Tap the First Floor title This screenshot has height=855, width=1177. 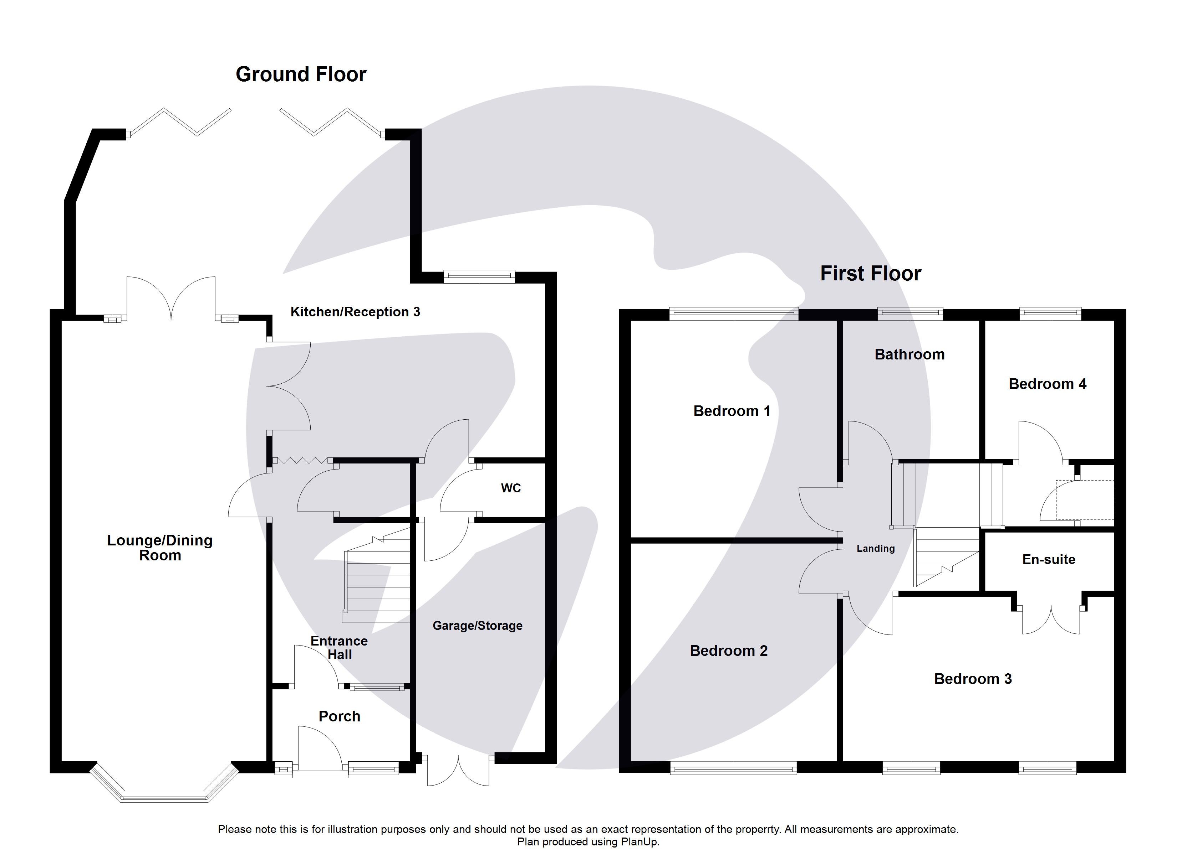pyautogui.click(x=870, y=274)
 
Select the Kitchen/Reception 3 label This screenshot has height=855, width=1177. pyautogui.click(x=355, y=312)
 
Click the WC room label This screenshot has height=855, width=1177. pyautogui.click(x=511, y=488)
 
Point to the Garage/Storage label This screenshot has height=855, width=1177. pyautogui.click(x=478, y=626)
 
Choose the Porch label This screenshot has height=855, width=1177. pyautogui.click(x=340, y=716)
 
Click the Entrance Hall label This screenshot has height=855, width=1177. pyautogui.click(x=340, y=648)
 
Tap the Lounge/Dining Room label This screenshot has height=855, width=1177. pyautogui.click(x=160, y=548)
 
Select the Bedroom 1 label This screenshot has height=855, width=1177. pyautogui.click(x=732, y=411)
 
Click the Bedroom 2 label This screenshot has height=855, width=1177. pyautogui.click(x=729, y=651)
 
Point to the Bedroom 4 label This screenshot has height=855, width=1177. pyautogui.click(x=1047, y=384)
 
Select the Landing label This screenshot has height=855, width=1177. pyautogui.click(x=876, y=549)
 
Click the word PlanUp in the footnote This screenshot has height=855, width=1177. pyautogui.click(x=640, y=843)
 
